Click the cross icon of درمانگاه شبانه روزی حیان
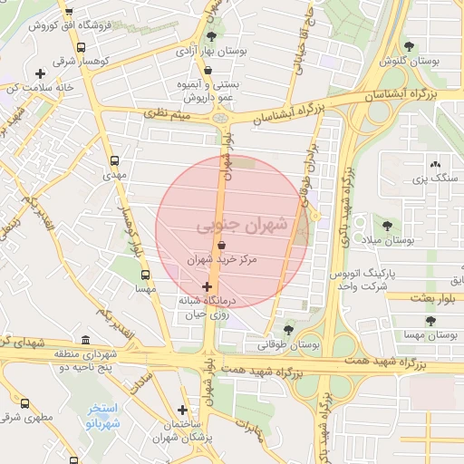pyautogui.click(x=208, y=286)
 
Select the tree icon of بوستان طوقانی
pyautogui.click(x=289, y=330)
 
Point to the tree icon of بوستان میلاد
pyautogui.click(x=388, y=225)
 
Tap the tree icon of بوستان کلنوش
pyautogui.click(x=410, y=45)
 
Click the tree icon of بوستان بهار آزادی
pyautogui.click(x=211, y=37)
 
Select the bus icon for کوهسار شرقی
pyautogui.click(x=82, y=48)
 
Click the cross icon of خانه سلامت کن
pyautogui.click(x=39, y=73)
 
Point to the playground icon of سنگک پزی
pyautogui.click(x=436, y=164)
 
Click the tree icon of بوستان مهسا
pyautogui.click(x=430, y=321)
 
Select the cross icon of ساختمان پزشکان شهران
pyautogui.click(x=183, y=410)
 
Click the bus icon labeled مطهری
pyautogui.click(x=24, y=403)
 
